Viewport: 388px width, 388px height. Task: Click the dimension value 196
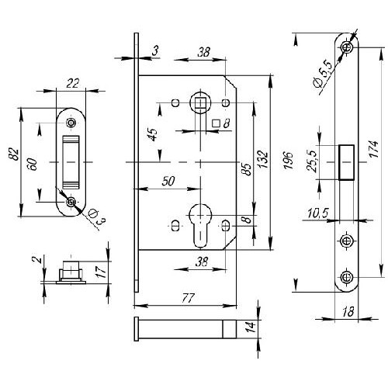[x=288, y=161]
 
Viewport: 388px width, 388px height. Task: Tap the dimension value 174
[x=374, y=149]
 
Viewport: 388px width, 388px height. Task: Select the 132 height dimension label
[x=262, y=160]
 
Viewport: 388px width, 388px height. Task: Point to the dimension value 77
[x=188, y=298]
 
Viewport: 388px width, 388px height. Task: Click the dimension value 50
[x=168, y=181]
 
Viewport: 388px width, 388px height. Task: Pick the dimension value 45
[x=154, y=134]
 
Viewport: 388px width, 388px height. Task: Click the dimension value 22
[x=73, y=83]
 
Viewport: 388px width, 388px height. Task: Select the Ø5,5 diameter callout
[x=322, y=74]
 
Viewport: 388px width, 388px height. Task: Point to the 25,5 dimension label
[x=313, y=161]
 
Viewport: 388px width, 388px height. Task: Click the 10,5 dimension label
[x=318, y=213]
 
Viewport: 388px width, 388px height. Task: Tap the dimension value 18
[x=348, y=312]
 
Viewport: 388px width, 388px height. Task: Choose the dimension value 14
[x=251, y=327]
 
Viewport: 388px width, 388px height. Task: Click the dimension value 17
[x=102, y=272]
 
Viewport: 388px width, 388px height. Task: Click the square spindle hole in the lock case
[x=200, y=103]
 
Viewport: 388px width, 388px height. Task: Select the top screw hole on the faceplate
[x=347, y=47]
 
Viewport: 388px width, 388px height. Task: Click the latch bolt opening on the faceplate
[x=346, y=162]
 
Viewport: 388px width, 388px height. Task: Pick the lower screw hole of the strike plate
[x=71, y=202]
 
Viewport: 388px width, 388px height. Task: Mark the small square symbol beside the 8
[x=216, y=123]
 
